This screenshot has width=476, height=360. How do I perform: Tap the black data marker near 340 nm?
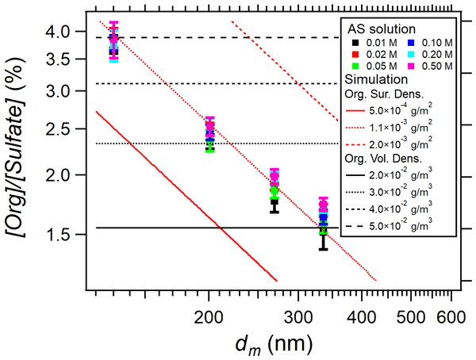click(x=323, y=231)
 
